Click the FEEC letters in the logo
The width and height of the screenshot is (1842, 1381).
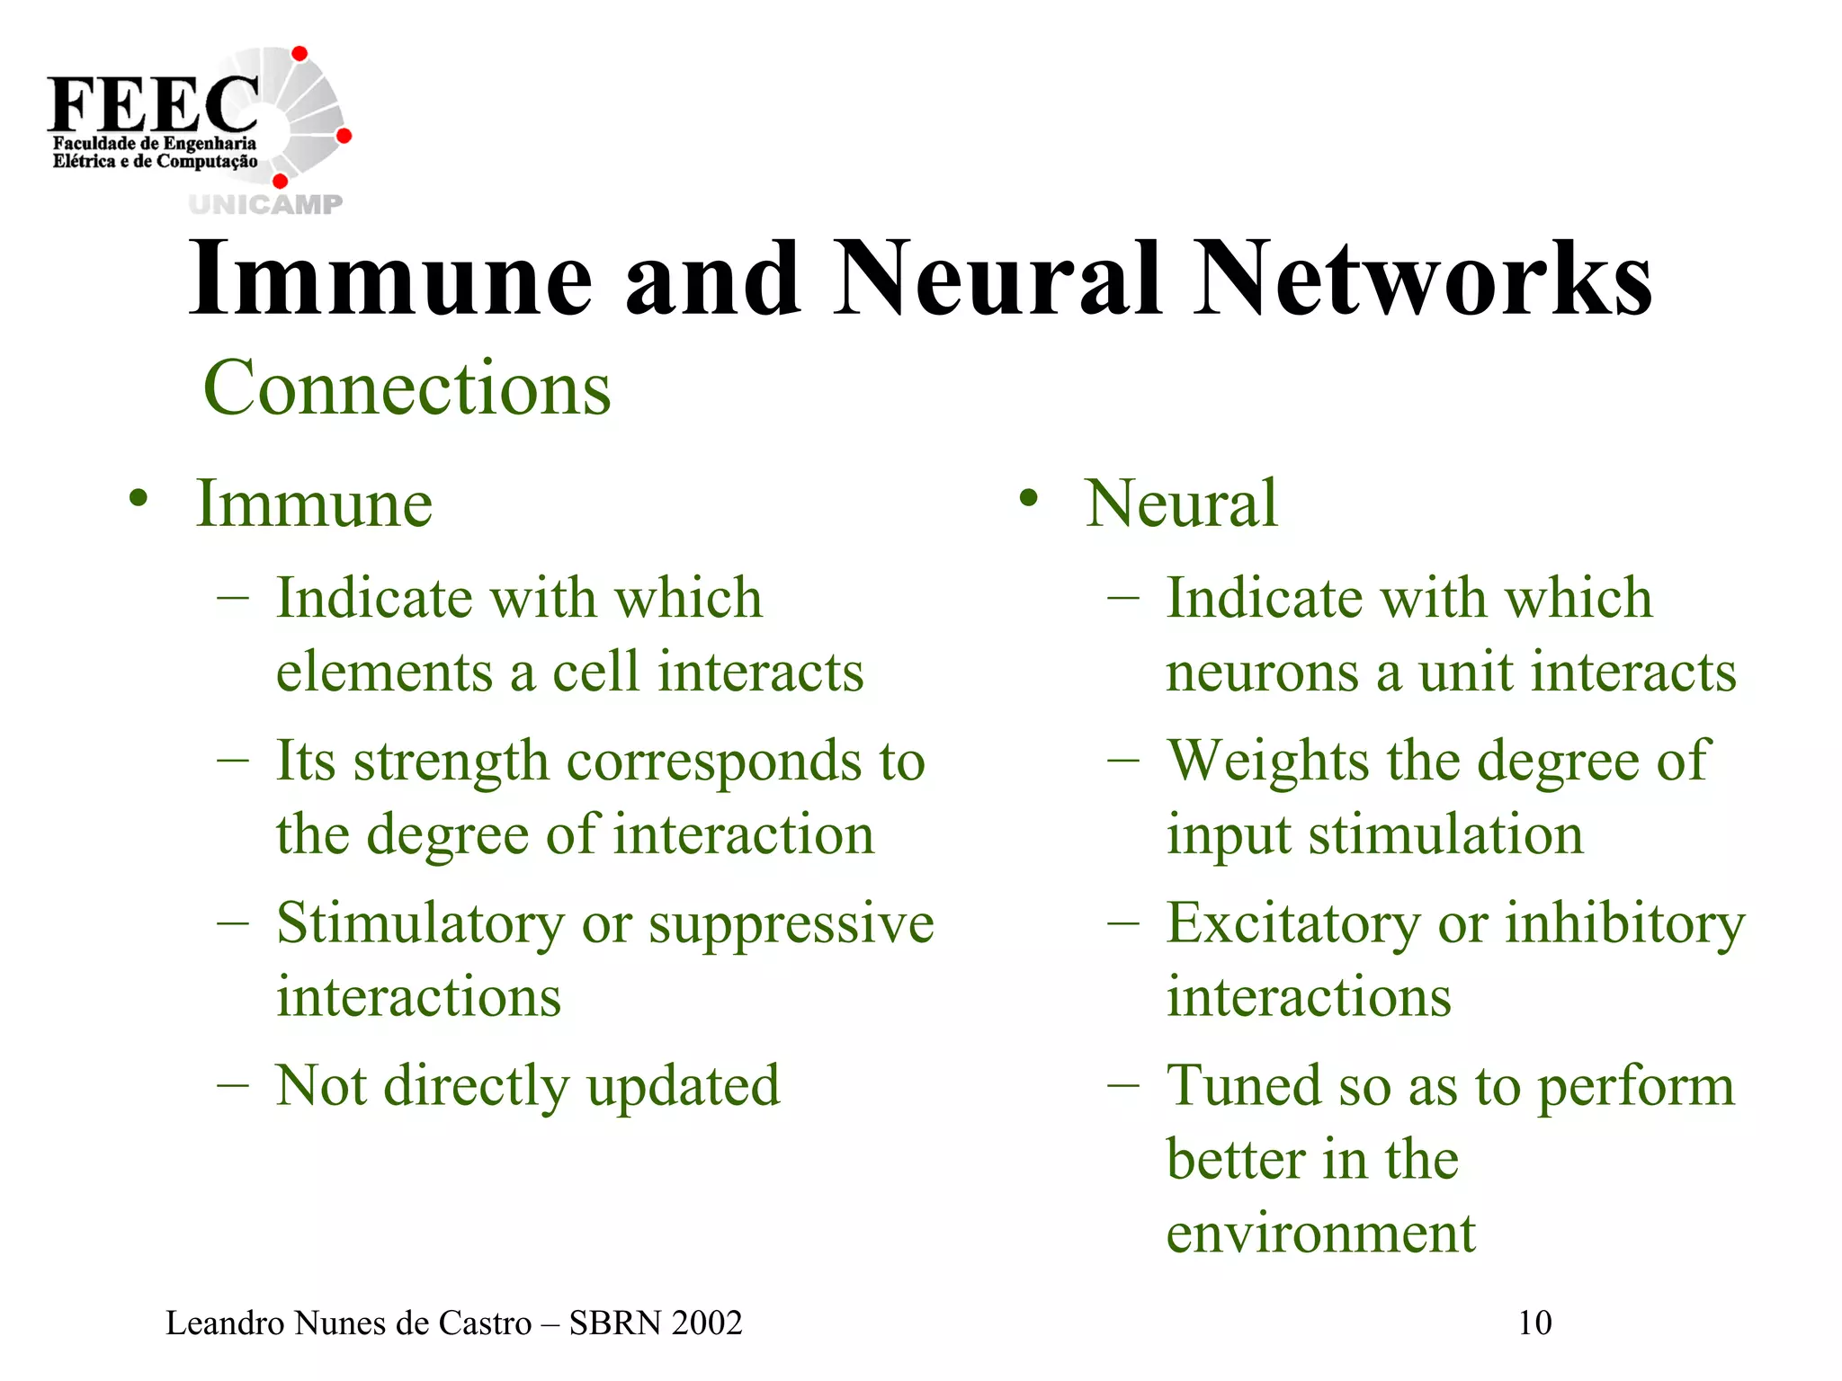[x=153, y=104]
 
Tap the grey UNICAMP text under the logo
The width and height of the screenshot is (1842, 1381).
[x=266, y=205]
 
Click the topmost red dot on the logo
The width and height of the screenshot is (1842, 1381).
[x=300, y=54]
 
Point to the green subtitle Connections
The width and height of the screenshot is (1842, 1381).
[x=407, y=388]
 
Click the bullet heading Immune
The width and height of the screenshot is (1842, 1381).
[x=314, y=503]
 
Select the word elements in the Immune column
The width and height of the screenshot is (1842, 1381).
[x=384, y=673]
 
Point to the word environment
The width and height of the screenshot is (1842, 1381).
[x=1320, y=1234]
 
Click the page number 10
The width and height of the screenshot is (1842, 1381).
[x=1534, y=1323]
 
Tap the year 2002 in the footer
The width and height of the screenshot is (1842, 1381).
[x=707, y=1323]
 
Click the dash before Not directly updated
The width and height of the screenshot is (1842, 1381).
[x=232, y=1086]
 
